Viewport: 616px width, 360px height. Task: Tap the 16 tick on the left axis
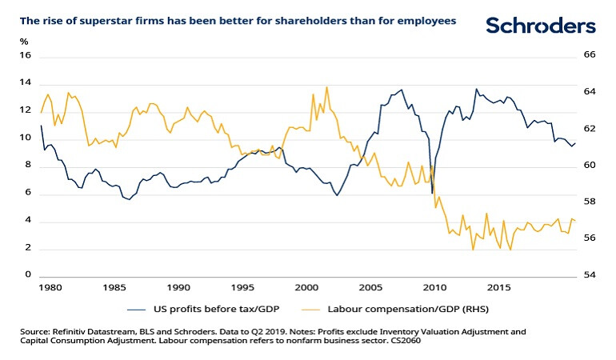pyautogui.click(x=24, y=56)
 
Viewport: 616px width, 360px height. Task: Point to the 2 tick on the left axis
pyautogui.click(x=26, y=249)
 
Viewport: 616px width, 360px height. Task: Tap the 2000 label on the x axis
pyautogui.click(x=306, y=286)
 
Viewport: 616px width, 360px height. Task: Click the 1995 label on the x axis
pyautogui.click(x=242, y=286)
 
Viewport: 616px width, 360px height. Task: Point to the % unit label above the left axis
pyautogui.click(x=23, y=40)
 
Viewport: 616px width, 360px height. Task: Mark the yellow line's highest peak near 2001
pyautogui.click(x=326, y=86)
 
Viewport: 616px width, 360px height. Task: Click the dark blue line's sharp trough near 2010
pyautogui.click(x=432, y=193)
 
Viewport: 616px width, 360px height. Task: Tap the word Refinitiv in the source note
pyautogui.click(x=70, y=330)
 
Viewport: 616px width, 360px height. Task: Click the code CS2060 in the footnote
pyautogui.click(x=406, y=341)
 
